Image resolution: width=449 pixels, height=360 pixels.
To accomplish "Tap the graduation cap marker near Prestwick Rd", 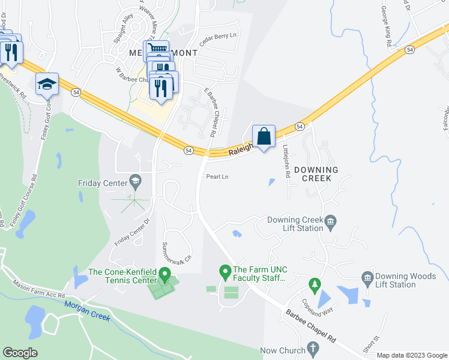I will [46, 85].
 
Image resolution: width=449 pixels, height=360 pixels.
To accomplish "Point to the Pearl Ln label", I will [217, 177].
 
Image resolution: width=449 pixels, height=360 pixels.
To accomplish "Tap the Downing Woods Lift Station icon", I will [367, 278].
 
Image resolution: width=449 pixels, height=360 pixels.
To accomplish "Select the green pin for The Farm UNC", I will [225, 273].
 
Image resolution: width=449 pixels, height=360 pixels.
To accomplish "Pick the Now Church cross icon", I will [312, 348].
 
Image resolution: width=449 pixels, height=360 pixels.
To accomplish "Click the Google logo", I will [20, 353].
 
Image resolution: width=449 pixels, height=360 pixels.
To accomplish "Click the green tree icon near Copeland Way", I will [313, 283].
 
